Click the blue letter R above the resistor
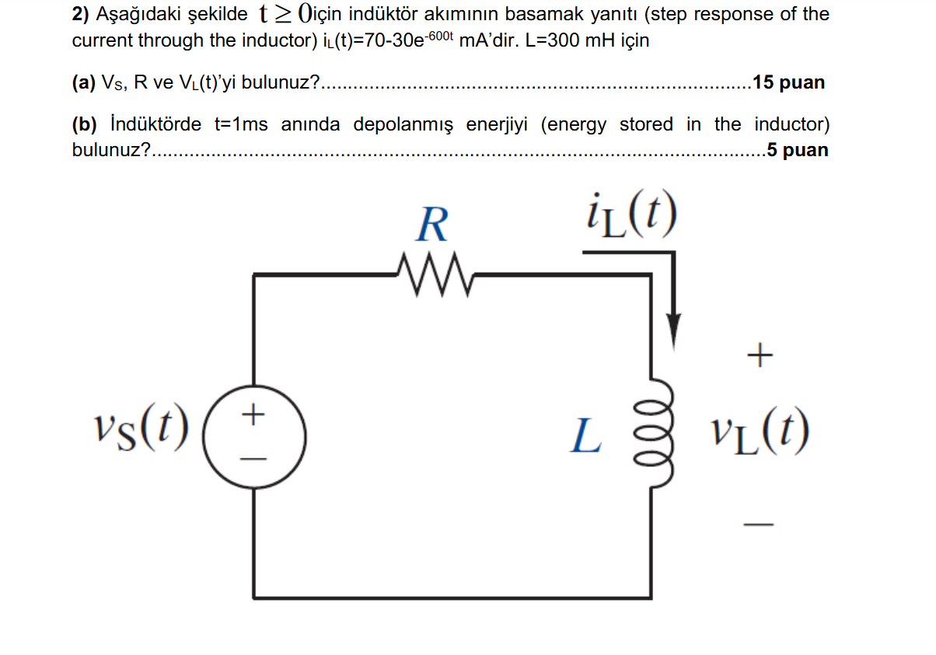pyautogui.click(x=432, y=226)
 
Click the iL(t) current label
pyautogui.click(x=629, y=216)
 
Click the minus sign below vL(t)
pyautogui.click(x=760, y=526)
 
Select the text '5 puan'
pyautogui.click(x=798, y=150)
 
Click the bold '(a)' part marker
pyautogui.click(x=83, y=82)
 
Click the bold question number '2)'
pyautogui.click(x=80, y=14)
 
